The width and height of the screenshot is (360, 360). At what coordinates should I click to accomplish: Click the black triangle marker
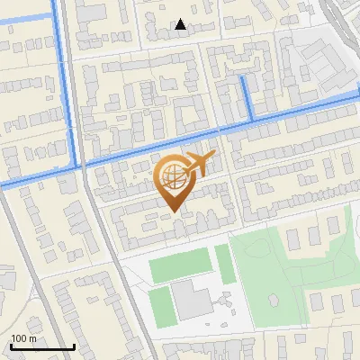pyautogui.click(x=181, y=24)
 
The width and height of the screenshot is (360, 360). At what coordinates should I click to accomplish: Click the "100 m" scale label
pyautogui.click(x=23, y=338)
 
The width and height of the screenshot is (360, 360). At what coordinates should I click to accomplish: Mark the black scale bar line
pyautogui.click(x=41, y=347)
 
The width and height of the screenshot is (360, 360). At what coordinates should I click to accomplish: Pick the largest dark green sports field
pyautogui.click(x=179, y=267)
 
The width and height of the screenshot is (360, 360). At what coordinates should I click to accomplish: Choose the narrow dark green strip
pyautogui.click(x=224, y=265)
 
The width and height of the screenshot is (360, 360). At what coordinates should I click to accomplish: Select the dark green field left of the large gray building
pyautogui.click(x=159, y=307)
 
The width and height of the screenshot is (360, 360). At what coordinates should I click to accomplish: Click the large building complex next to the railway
pyautogui.click(x=319, y=63)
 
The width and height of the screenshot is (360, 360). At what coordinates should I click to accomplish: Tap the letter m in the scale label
pyautogui.click(x=32, y=339)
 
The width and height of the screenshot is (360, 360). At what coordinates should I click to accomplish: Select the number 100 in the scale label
pyautogui.click(x=18, y=338)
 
